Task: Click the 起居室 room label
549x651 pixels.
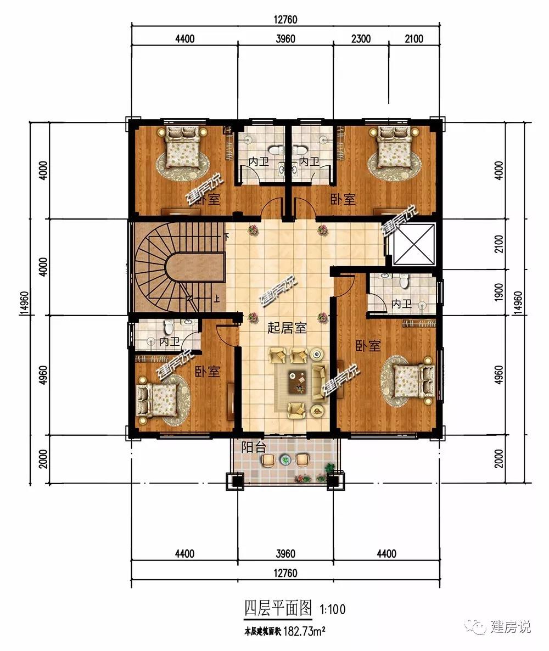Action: pyautogui.click(x=287, y=328)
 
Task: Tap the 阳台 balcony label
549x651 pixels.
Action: pyautogui.click(x=253, y=447)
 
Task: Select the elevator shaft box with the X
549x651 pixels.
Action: pyautogui.click(x=413, y=244)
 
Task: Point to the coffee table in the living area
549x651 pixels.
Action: pyautogui.click(x=298, y=383)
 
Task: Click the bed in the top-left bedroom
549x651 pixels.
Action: pyautogui.click(x=181, y=146)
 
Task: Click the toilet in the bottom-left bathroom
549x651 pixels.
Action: pyautogui.click(x=168, y=327)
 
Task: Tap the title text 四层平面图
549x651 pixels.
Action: pyautogui.click(x=278, y=608)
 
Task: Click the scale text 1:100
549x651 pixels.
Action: pyautogui.click(x=332, y=609)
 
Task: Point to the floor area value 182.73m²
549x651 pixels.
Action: pyautogui.click(x=304, y=632)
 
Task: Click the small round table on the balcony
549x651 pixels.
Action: pyautogui.click(x=284, y=459)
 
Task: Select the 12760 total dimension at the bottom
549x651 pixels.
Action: pyautogui.click(x=285, y=573)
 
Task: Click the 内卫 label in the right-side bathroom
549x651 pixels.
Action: pyautogui.click(x=401, y=304)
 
